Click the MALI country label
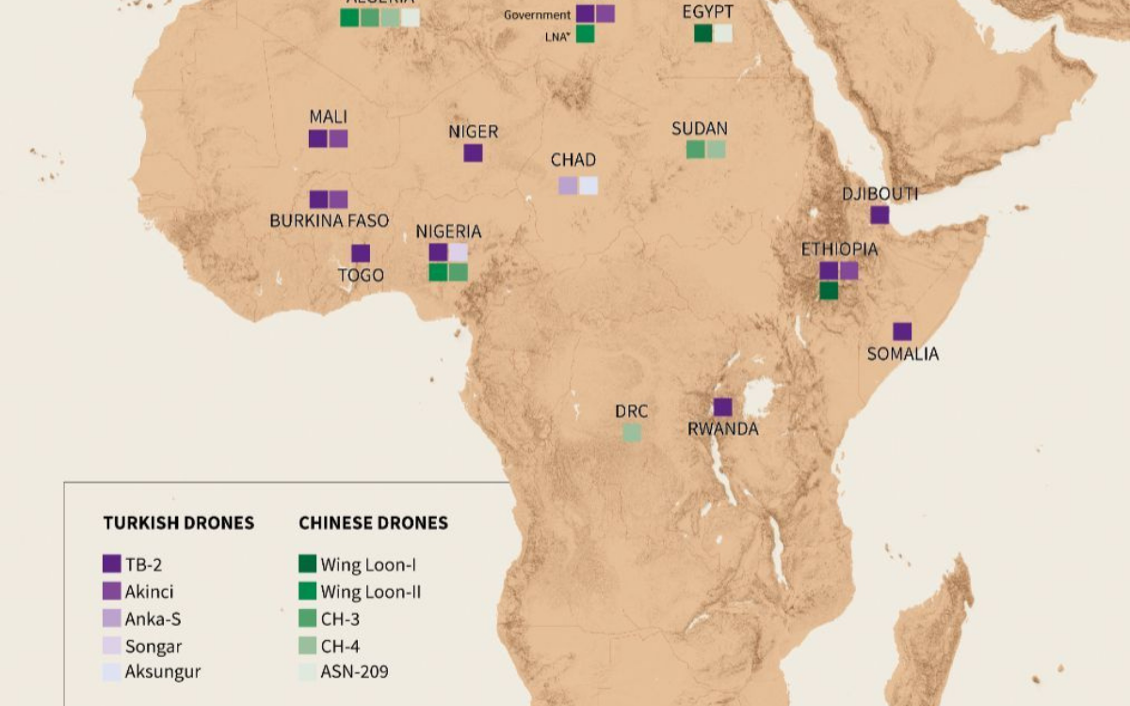(x=328, y=117)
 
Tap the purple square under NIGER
(x=473, y=152)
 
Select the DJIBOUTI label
(x=880, y=194)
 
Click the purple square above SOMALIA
(x=902, y=331)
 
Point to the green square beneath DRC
(x=632, y=433)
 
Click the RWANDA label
(x=722, y=429)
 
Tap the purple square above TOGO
(x=361, y=253)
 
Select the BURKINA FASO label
(x=329, y=221)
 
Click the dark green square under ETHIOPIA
(x=829, y=291)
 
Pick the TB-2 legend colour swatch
(x=112, y=564)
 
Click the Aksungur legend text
(x=163, y=672)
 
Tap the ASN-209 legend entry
(x=354, y=672)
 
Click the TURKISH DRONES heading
(x=178, y=522)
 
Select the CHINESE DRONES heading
(x=373, y=522)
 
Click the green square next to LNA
(x=585, y=34)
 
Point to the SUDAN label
(x=700, y=129)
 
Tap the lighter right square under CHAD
(x=589, y=185)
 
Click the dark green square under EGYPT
(x=702, y=34)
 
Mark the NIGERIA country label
(x=448, y=232)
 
